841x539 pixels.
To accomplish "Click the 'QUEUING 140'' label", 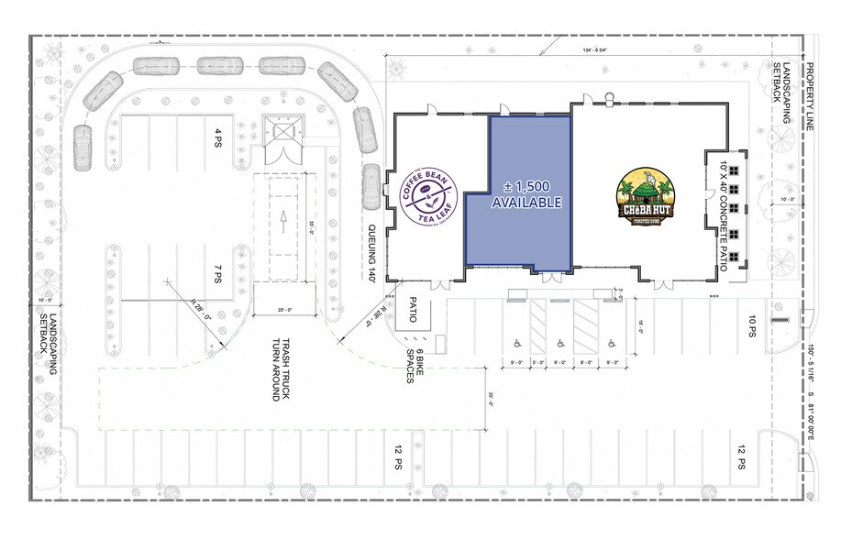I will point(373,252).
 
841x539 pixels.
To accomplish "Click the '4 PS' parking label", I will point(218,137).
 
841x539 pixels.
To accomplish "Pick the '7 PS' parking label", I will point(218,273).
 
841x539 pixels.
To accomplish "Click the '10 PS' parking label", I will point(752,327).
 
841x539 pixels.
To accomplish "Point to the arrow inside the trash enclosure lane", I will point(283,218).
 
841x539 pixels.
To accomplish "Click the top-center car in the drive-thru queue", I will point(219,66).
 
